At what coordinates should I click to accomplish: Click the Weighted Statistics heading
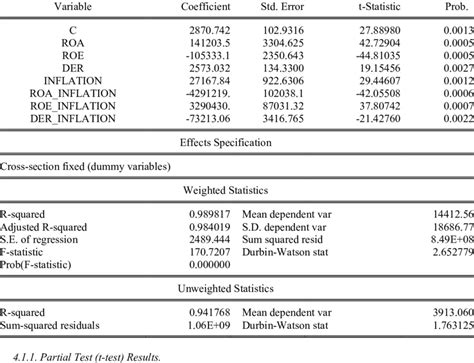pos(238,189)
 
